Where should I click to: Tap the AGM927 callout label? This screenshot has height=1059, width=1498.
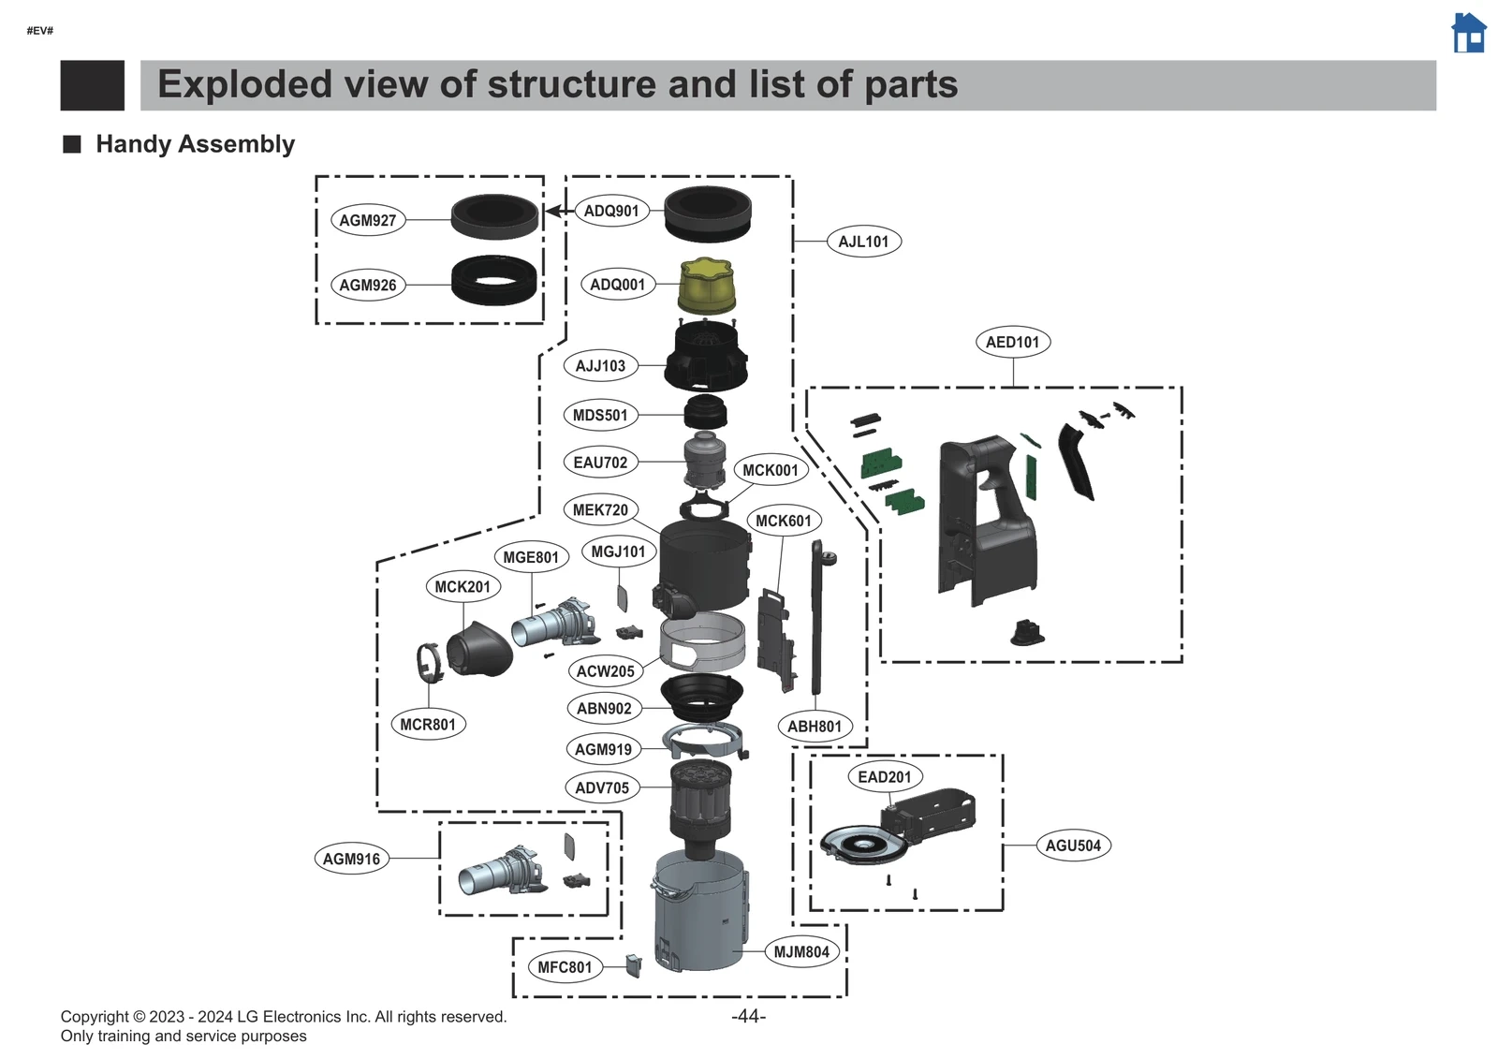368,220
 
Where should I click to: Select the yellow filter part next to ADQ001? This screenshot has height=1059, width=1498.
706,286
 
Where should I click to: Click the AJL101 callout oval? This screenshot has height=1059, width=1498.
863,242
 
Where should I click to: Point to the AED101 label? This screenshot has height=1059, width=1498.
1012,342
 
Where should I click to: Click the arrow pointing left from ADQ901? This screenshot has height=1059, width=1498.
556,211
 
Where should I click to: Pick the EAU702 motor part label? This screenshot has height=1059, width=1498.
600,462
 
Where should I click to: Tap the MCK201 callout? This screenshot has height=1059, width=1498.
463,586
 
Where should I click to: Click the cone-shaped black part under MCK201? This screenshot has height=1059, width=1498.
480,649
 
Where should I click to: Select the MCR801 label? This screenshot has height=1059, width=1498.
428,724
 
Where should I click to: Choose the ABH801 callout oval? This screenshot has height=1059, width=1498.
814,726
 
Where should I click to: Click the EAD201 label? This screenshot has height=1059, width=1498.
884,776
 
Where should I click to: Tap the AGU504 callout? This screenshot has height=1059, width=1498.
1073,846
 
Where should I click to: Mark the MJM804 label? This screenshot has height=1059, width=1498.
800,952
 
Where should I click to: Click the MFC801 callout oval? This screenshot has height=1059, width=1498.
565,967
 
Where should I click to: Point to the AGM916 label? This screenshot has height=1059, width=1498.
351,859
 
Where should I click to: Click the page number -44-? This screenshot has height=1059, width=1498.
748,1016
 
